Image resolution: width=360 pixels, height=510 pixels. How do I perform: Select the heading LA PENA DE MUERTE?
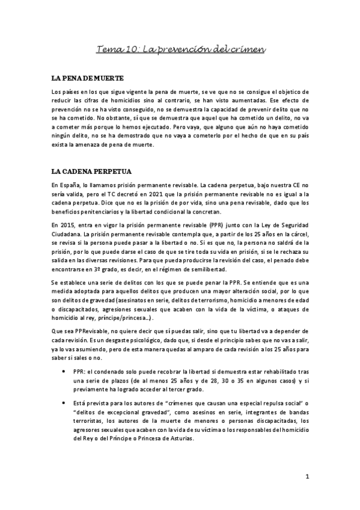[89, 79]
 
